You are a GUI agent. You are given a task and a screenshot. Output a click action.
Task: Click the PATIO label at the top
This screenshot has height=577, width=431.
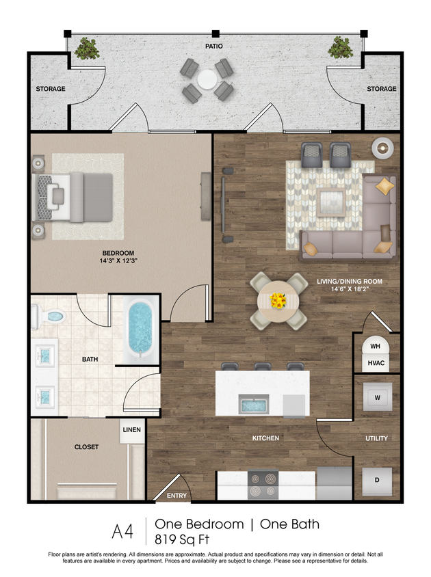[213, 46]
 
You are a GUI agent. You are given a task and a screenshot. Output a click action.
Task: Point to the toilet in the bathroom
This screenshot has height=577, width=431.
[50, 317]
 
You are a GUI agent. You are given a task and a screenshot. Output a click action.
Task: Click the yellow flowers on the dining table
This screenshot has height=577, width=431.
[278, 300]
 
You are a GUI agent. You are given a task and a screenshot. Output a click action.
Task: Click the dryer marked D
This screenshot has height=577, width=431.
[376, 480]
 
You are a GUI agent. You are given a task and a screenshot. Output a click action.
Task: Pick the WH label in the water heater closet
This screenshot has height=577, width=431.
[376, 347]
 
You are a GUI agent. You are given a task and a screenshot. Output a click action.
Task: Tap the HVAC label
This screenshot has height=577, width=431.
[376, 362]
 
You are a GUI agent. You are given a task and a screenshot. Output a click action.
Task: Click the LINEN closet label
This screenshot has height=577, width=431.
[131, 429]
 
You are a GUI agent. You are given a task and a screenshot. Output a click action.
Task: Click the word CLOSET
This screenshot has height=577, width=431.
[86, 447]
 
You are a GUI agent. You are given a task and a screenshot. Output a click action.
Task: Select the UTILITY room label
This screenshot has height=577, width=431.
[377, 438]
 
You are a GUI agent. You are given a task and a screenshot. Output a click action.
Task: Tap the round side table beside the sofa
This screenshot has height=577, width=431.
[382, 147]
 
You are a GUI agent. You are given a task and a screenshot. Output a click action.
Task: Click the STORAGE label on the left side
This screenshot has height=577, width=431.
[51, 89]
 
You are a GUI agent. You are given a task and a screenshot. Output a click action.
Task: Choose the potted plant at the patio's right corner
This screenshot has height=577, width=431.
[339, 47]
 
